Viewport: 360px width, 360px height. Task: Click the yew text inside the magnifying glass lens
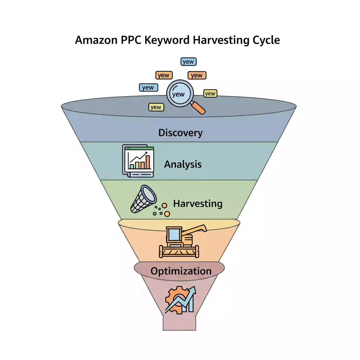pyautogui.click(x=179, y=94)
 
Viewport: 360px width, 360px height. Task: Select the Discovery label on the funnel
pyautogui.click(x=180, y=133)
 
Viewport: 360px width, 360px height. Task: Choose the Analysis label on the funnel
pyautogui.click(x=183, y=164)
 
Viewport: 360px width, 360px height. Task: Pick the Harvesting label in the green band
pyautogui.click(x=198, y=204)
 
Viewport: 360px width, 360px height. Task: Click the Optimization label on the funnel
pyautogui.click(x=181, y=271)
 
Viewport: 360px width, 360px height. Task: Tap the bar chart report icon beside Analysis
pyautogui.click(x=138, y=161)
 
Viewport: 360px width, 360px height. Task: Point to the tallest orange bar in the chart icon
pyautogui.click(x=148, y=162)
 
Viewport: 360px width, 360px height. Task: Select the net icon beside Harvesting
pyautogui.click(x=143, y=199)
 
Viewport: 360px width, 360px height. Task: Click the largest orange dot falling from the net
pyautogui.click(x=167, y=214)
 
